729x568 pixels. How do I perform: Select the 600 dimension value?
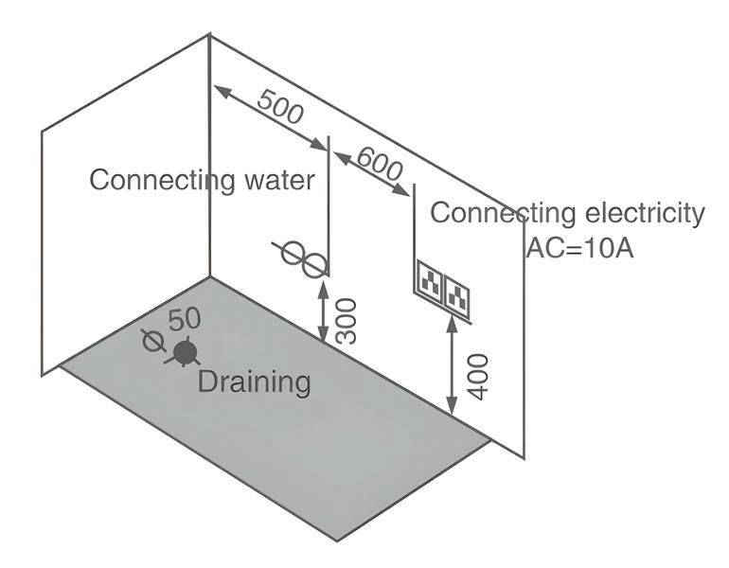coord(380,168)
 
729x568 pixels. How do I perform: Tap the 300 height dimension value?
coord(347,319)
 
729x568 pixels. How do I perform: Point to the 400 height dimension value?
coord(478,376)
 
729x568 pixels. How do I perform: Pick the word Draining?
coord(254,382)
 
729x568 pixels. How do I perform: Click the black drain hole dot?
coord(185,353)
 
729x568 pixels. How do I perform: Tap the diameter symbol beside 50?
coord(149,341)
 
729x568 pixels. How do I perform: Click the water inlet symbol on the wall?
coord(305,257)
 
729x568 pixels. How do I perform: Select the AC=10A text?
coord(579,249)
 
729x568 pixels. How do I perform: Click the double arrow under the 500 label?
coord(269,117)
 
